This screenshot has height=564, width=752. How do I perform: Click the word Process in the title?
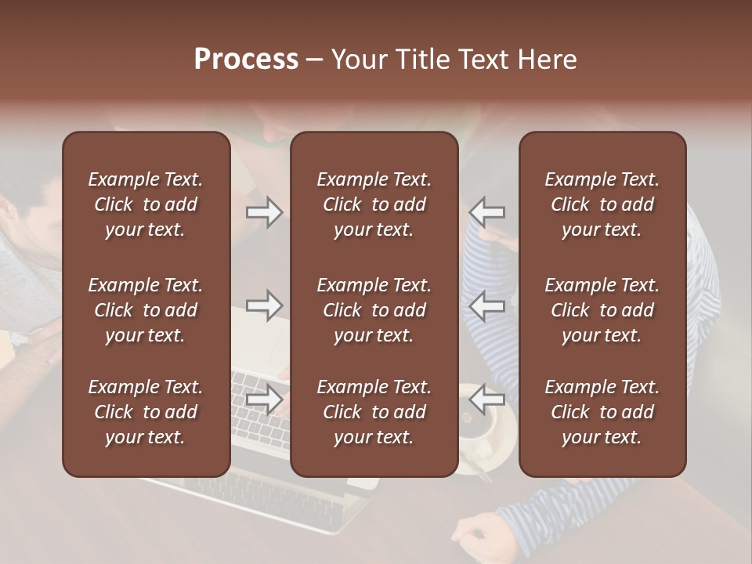(246, 60)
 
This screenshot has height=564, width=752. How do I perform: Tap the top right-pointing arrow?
(265, 212)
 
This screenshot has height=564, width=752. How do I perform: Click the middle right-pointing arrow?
(265, 305)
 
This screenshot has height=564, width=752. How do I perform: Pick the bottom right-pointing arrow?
(265, 399)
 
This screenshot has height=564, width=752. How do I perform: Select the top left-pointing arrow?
(487, 212)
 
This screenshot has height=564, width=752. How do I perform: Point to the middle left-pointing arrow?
(487, 305)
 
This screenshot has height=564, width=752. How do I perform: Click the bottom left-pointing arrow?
(487, 399)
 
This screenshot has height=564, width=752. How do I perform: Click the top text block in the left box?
(146, 204)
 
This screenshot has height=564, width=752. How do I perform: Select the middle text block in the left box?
(146, 310)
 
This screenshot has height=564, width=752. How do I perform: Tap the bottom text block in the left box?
(146, 412)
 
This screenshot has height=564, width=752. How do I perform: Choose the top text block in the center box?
(374, 204)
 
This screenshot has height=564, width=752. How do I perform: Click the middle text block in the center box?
(374, 310)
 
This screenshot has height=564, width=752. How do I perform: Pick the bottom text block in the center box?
(374, 412)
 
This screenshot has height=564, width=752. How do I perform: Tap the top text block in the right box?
(602, 204)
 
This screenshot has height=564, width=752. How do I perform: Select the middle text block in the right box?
(602, 310)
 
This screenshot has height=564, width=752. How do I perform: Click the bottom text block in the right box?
(602, 412)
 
